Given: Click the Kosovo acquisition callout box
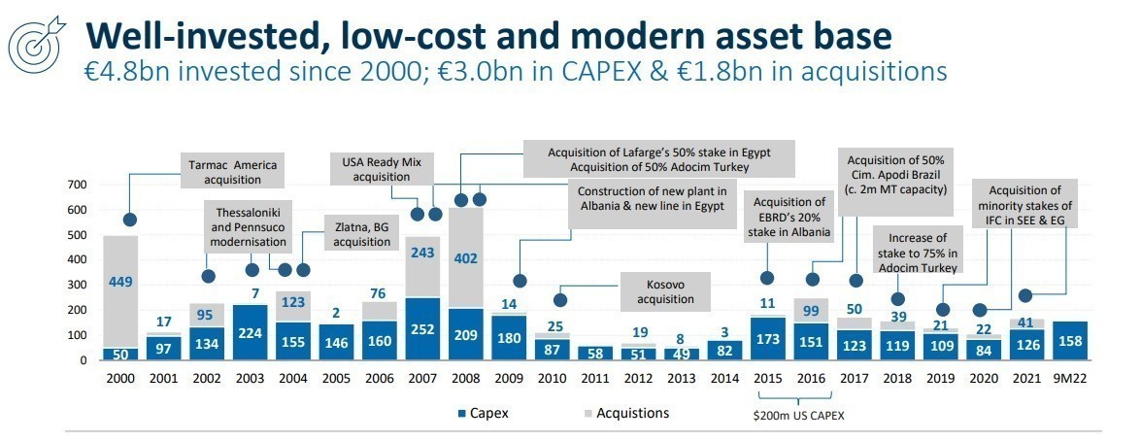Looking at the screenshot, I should pos(664,293).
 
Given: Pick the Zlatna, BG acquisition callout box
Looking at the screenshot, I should pos(355,234).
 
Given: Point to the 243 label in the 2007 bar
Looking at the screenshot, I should pos(422,253).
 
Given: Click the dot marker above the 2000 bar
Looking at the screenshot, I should pos(129,220).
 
